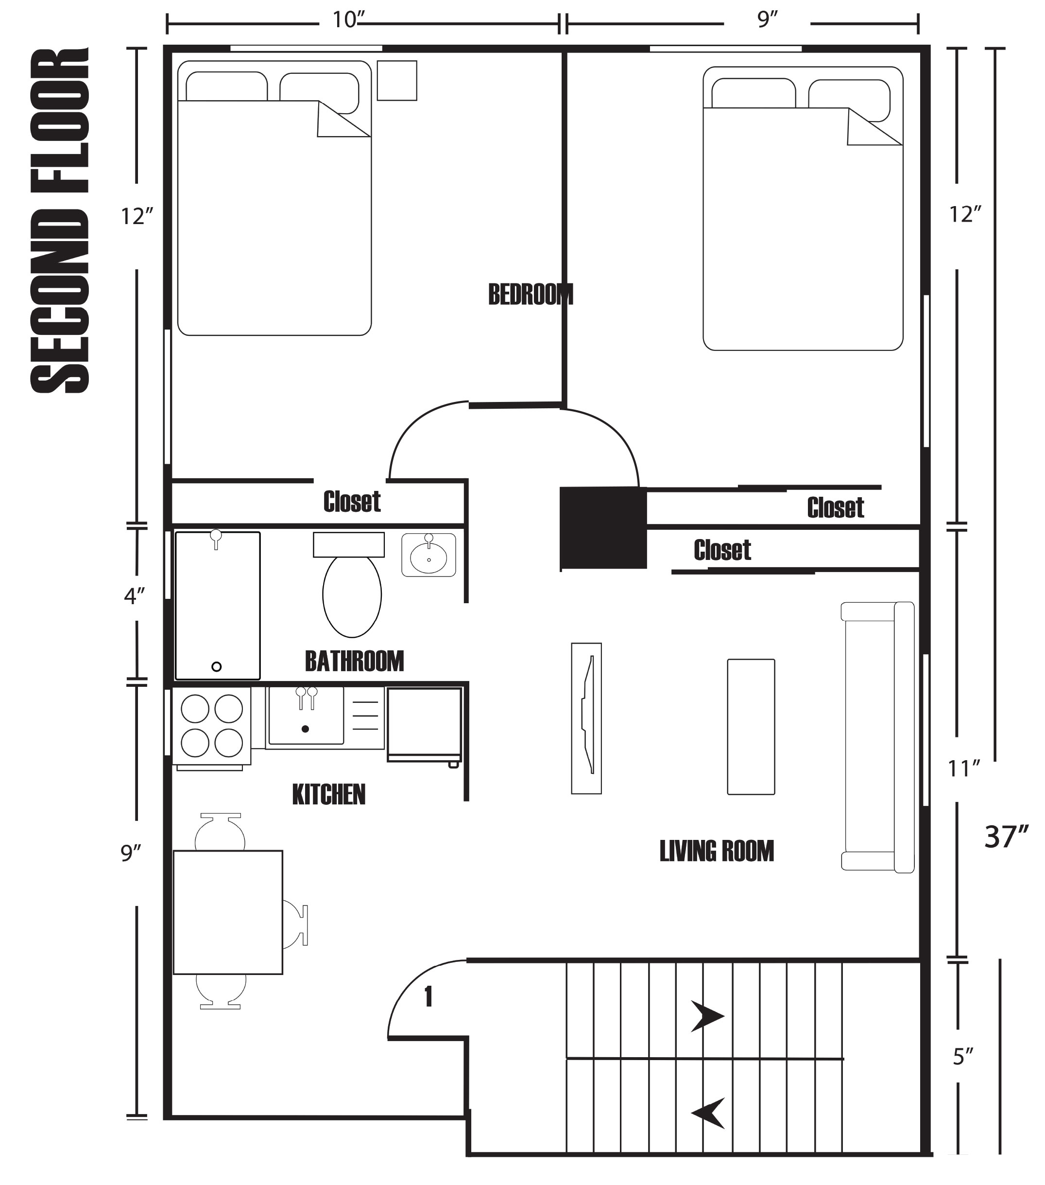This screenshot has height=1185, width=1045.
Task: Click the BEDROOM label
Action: [x=531, y=295]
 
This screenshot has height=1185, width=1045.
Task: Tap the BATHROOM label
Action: [x=354, y=661]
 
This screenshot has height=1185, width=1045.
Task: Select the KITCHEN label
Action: [x=328, y=794]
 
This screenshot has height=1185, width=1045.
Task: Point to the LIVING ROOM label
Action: [x=717, y=851]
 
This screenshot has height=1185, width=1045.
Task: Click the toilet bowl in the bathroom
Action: [x=352, y=595]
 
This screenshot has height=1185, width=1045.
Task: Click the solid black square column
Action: [x=603, y=527]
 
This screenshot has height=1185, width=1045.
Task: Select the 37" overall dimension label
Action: [x=1006, y=837]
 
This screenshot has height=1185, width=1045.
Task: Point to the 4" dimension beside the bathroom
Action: [x=134, y=596]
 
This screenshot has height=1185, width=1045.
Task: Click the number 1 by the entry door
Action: [x=428, y=996]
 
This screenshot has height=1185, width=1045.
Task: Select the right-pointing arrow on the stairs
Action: [x=708, y=1016]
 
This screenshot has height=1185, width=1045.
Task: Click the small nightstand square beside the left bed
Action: [x=397, y=81]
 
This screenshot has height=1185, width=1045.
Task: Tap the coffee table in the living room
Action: [x=751, y=727]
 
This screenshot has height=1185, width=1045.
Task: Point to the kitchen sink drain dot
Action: [x=306, y=729]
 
